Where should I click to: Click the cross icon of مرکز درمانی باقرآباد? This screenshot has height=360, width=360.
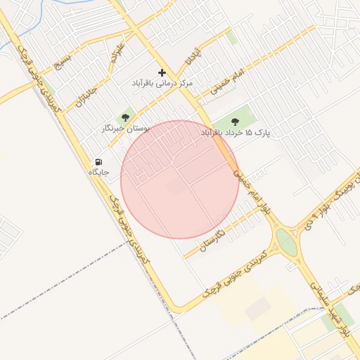162,72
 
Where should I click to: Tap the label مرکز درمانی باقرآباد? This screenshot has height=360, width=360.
162,83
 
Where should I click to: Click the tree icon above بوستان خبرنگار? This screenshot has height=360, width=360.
126,117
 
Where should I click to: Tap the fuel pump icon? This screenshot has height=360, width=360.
98,162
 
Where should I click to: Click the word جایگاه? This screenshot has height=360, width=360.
98,172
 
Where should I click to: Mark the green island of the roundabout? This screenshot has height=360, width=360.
286,243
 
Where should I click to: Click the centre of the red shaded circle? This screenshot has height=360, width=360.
180,179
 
